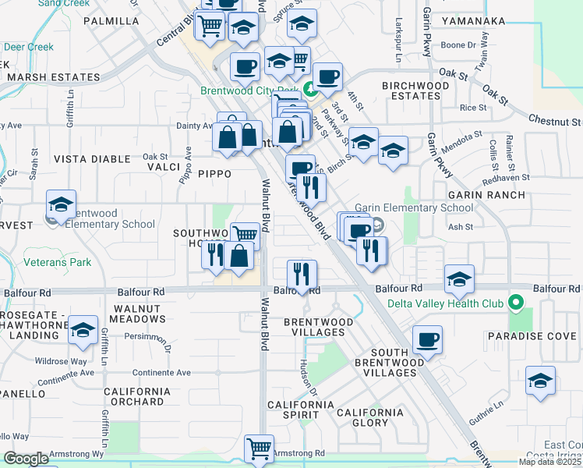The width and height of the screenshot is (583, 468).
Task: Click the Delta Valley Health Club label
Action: click(451, 302)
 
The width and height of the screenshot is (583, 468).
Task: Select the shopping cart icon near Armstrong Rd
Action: click(259, 448)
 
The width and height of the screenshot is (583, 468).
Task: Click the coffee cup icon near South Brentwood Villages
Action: click(427, 340)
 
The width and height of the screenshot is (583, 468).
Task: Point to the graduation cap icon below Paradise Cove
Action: click(540, 381)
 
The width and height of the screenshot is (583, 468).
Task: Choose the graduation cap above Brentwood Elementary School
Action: click(61, 204)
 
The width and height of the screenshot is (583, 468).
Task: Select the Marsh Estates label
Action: click(53, 78)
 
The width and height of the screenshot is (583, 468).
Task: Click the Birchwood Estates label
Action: click(411, 90)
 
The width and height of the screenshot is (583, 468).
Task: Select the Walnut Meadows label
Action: click(137, 314)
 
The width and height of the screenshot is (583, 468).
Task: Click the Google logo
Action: click(27, 459)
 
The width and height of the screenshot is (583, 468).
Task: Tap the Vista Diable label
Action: click(92, 158)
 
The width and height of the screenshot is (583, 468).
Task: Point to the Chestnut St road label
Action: click(554, 122)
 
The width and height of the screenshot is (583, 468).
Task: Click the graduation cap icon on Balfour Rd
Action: click(460, 279)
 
